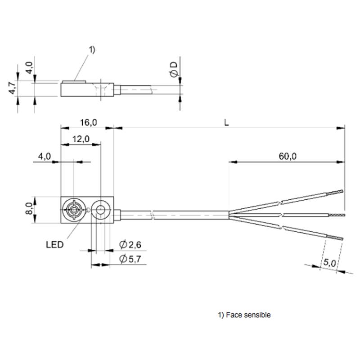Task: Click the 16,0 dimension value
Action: click(x=88, y=122)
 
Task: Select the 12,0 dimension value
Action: click(x=81, y=139)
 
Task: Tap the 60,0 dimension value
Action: click(x=288, y=156)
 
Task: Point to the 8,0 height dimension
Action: click(x=29, y=208)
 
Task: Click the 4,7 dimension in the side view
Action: click(x=13, y=87)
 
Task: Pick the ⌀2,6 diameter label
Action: click(x=130, y=244)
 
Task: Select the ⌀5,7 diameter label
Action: click(x=130, y=259)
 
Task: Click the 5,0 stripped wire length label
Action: click(x=330, y=262)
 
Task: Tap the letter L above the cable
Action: click(x=226, y=123)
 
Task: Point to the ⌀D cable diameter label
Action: click(x=174, y=69)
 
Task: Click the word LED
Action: click(x=54, y=245)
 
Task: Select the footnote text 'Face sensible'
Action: click(x=248, y=315)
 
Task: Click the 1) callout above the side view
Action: click(x=92, y=50)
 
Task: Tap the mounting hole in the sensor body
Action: click(x=100, y=210)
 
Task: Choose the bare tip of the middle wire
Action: click(x=337, y=215)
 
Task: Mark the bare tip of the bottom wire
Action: click(x=335, y=238)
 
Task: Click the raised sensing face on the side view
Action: click(x=74, y=81)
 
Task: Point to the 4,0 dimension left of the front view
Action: click(x=44, y=156)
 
